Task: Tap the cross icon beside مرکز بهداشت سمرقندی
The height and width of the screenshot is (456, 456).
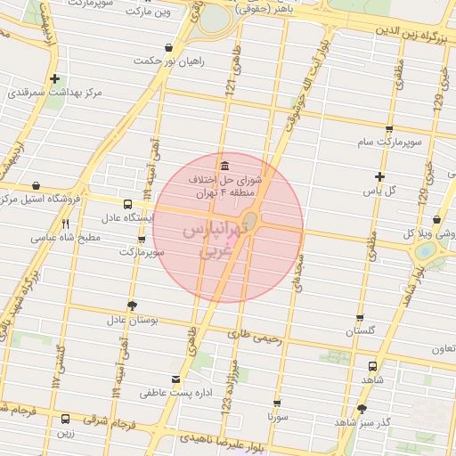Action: click(55, 78)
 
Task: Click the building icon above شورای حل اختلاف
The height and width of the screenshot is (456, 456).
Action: click(223, 166)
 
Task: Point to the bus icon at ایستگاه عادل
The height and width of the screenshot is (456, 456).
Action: click(127, 204)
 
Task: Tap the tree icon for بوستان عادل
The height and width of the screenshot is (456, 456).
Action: click(132, 305)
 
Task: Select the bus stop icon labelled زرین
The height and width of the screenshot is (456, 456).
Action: click(65, 419)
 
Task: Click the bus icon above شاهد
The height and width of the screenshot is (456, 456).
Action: click(373, 365)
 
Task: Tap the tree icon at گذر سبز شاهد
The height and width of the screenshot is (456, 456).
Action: click(361, 409)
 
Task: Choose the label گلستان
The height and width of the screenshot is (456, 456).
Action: click(361, 331)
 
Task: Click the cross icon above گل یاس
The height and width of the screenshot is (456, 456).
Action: click(379, 176)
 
